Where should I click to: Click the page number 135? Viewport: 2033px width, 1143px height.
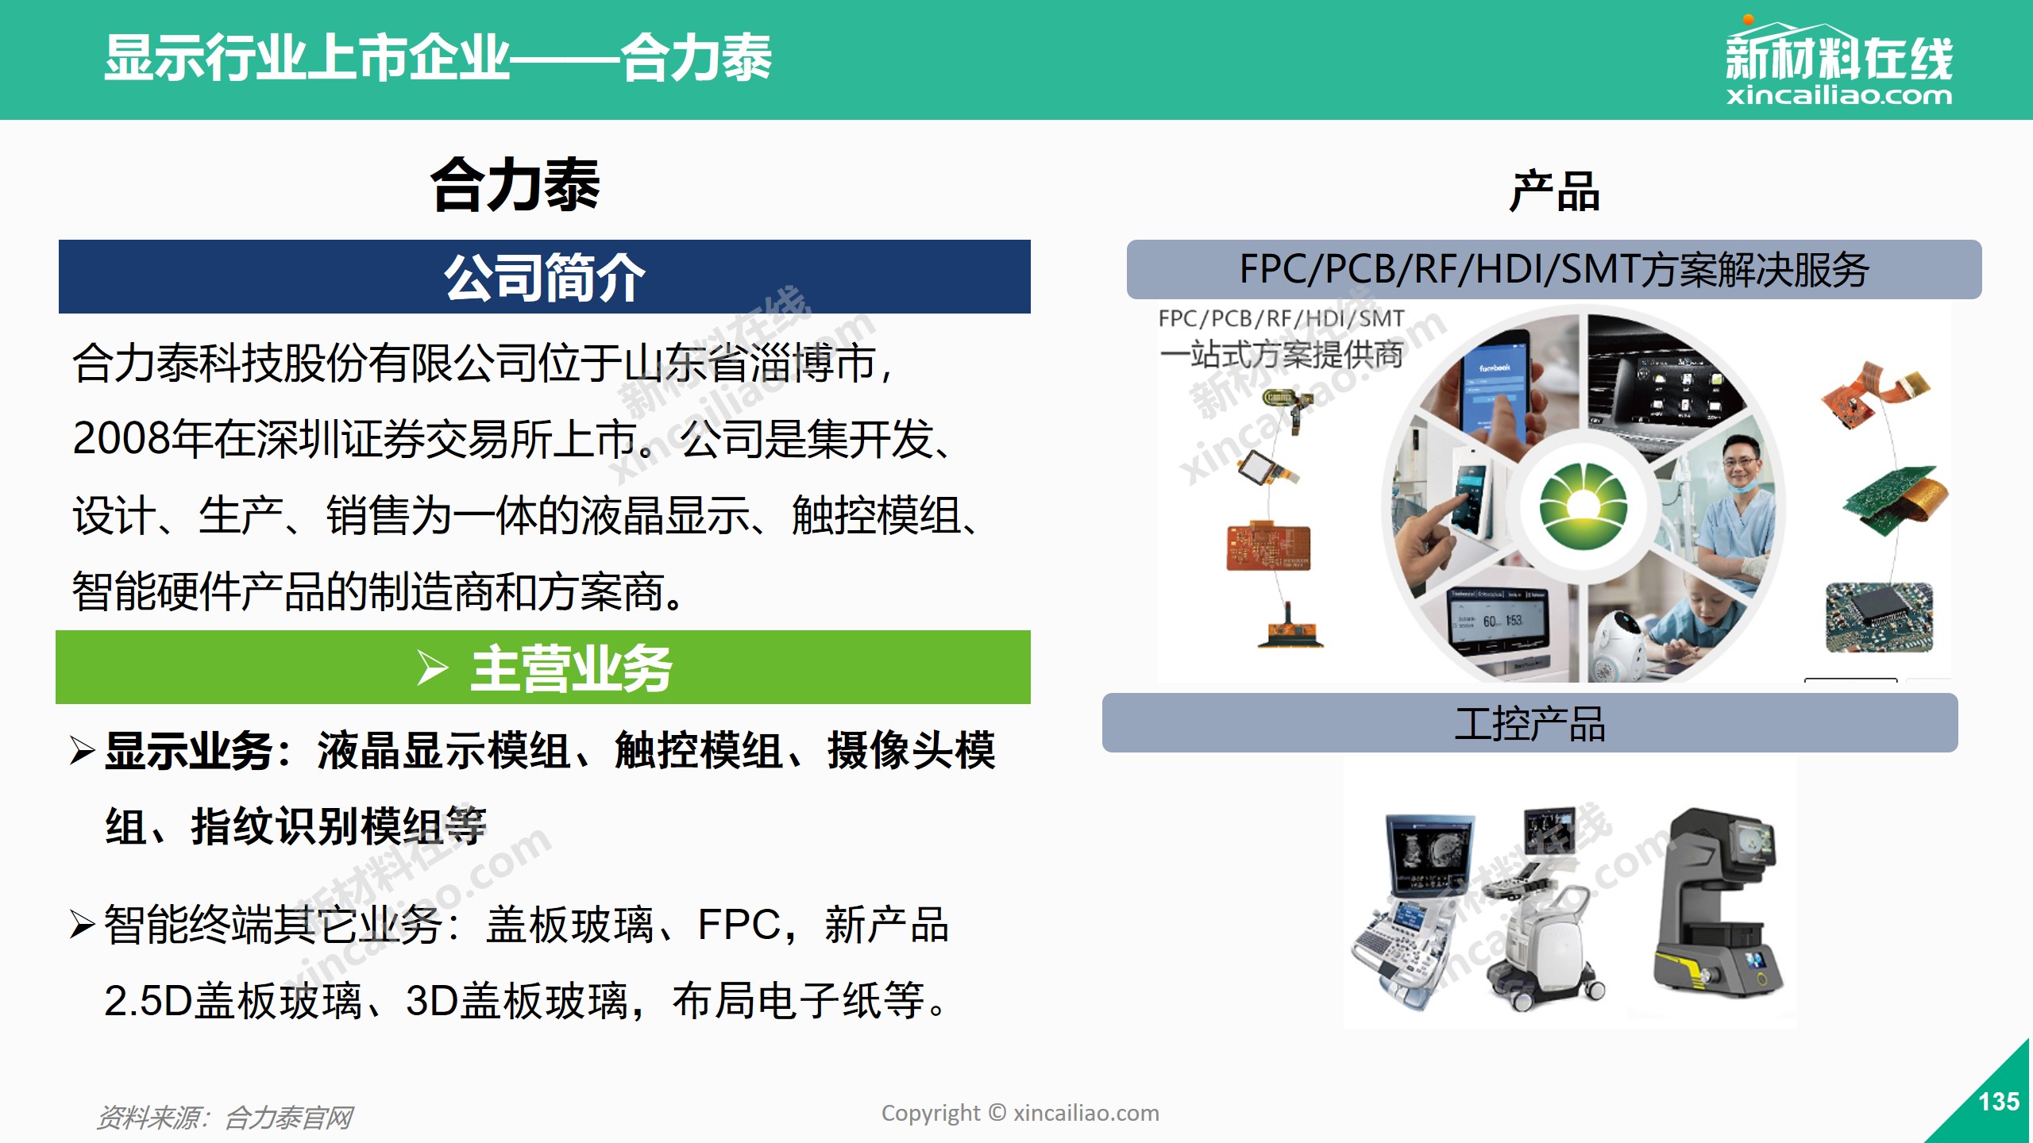pos(1999,1102)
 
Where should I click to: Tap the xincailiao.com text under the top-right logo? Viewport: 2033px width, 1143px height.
pos(1839,96)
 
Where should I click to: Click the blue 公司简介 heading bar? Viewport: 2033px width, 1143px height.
pos(545,276)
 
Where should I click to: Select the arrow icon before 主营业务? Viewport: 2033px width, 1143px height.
pos(433,668)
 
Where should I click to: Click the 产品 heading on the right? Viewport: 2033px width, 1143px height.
pos(1554,191)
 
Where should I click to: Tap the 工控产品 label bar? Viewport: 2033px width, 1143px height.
pos(1530,723)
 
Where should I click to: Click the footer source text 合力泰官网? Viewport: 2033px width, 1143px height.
pos(289,1118)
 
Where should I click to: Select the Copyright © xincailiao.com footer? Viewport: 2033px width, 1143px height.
pos(1020,1114)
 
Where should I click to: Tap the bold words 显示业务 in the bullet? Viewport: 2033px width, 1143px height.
pos(189,751)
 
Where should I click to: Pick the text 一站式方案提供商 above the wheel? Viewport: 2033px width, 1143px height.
pos(1281,354)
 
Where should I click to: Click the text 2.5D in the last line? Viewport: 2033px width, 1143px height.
pos(148,1001)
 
